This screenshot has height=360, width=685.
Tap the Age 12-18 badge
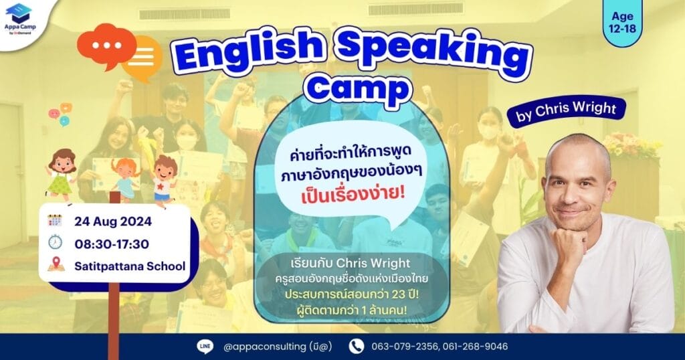pos(623,23)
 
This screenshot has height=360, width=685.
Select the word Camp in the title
pos(358,89)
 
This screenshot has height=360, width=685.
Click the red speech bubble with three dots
pos(106,46)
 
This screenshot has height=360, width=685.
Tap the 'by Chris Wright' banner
pos(566,111)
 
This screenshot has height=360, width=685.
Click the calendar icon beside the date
pos(55,221)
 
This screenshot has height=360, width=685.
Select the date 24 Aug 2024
pos(113,221)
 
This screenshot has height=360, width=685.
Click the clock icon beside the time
pos(55,242)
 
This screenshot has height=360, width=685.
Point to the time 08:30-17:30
pos(112,244)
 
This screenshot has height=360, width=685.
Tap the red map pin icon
pos(56,264)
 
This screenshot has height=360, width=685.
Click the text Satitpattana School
pos(130,266)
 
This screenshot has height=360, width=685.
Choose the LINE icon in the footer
pos(205,347)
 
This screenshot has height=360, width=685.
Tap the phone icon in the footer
pos(357,347)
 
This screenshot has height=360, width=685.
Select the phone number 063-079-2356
pos(405,347)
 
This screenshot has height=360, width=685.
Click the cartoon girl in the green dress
pos(61,175)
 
